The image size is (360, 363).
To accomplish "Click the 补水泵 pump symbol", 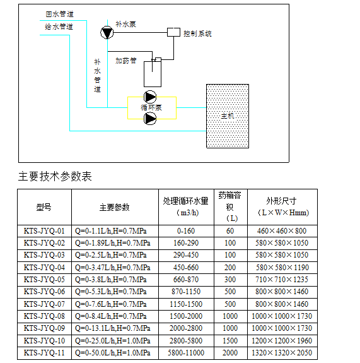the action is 107,32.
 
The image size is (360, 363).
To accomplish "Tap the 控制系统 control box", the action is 173,32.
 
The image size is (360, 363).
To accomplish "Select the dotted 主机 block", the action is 228,116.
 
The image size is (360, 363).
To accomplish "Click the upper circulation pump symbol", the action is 150,97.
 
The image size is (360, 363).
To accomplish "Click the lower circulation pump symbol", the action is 150,119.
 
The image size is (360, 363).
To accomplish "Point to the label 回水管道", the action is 60,14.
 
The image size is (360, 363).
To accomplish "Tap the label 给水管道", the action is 59,27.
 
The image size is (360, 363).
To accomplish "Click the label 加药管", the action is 126,61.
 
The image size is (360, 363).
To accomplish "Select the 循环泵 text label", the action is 151,107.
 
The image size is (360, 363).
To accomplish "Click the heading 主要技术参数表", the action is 55,176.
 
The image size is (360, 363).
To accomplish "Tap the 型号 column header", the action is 44,207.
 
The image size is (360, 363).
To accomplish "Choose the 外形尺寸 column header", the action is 281,201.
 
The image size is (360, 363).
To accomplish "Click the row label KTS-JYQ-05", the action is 44,280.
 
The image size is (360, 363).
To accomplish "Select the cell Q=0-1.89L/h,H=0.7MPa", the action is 113,243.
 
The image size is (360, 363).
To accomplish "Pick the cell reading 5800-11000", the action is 186,352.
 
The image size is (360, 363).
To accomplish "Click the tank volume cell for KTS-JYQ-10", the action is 230,340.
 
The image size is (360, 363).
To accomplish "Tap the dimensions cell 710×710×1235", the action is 282,280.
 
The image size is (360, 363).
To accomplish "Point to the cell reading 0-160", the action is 186,231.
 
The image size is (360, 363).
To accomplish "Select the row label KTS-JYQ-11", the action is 44,352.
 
